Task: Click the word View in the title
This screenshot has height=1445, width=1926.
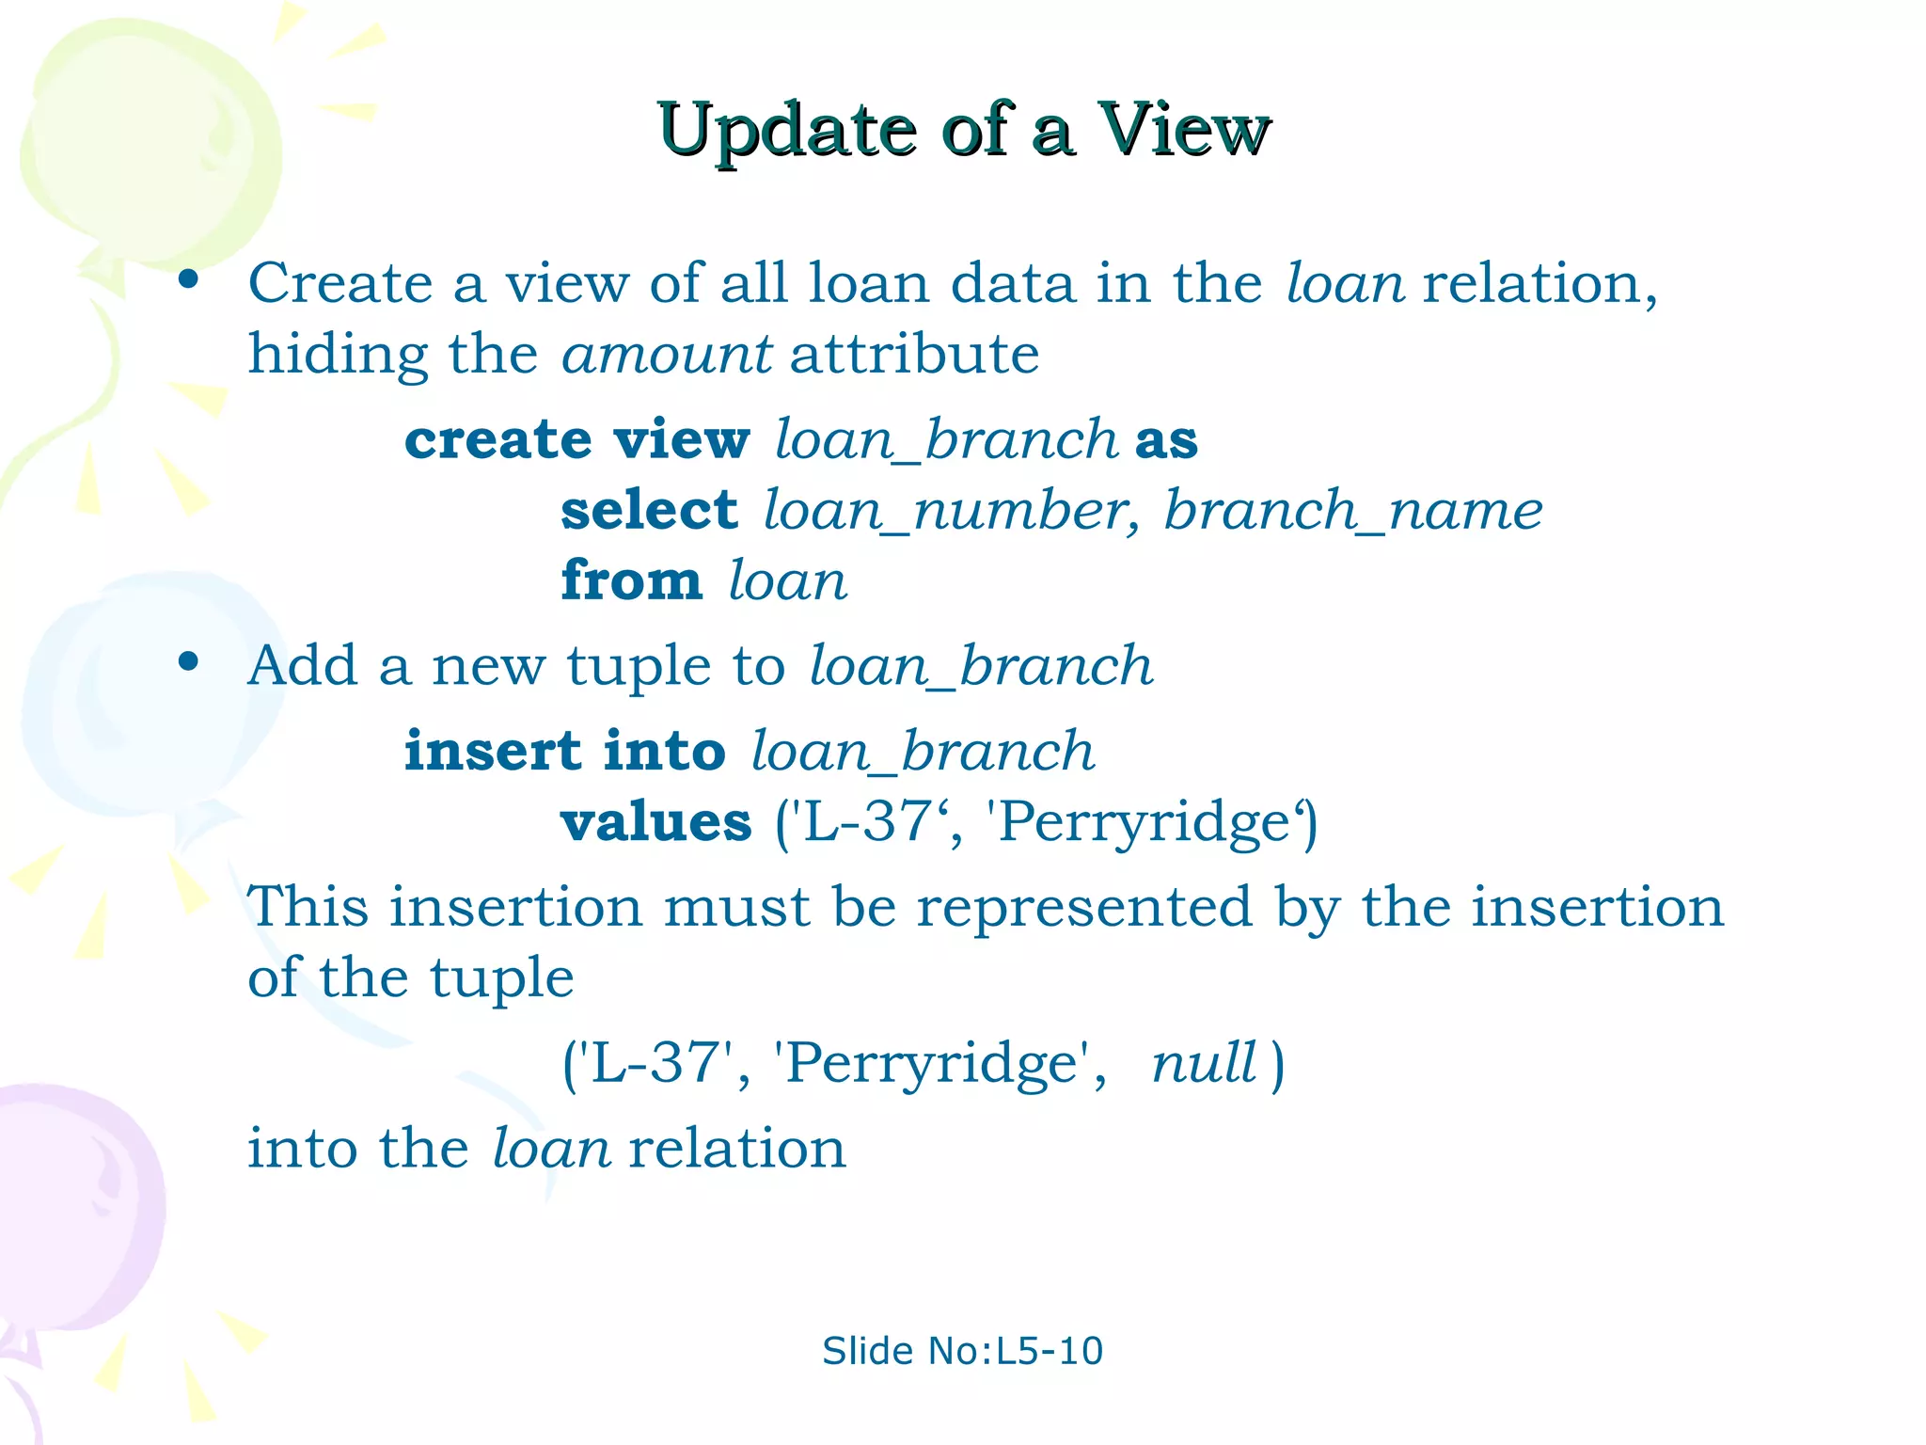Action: click(x=1183, y=130)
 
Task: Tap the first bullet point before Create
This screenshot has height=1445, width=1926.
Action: click(x=189, y=278)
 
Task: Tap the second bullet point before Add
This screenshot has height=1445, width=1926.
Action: click(x=189, y=661)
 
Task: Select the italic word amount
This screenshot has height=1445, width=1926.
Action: click(x=666, y=355)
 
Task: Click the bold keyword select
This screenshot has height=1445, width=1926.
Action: click(x=649, y=511)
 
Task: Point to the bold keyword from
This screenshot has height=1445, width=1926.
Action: click(x=631, y=580)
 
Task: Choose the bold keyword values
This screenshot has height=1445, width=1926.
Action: click(x=655, y=822)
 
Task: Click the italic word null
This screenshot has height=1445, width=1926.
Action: click(x=1204, y=1063)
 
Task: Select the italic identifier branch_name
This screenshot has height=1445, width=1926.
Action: click(x=1352, y=511)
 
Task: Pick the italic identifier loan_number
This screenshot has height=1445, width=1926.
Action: click(x=950, y=511)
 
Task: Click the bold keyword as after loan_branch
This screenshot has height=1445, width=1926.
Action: click(x=1166, y=440)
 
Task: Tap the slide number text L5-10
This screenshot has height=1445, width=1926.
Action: click(x=1049, y=1351)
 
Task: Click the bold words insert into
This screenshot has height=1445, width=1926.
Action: click(x=564, y=752)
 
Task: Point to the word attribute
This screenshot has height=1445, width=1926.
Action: click(x=914, y=355)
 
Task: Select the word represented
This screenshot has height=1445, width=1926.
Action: click(x=1083, y=907)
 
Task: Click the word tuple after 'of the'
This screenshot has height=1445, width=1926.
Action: click(x=501, y=978)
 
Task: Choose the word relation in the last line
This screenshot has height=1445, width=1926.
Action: click(x=737, y=1149)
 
